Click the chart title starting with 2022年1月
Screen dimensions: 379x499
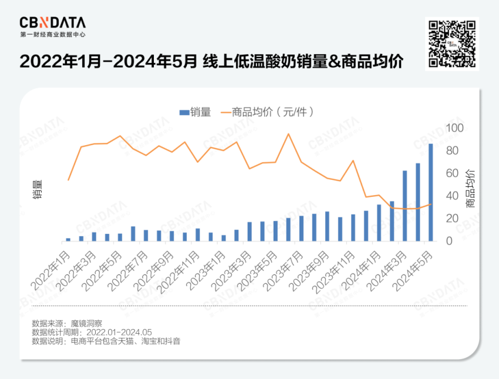[211, 62]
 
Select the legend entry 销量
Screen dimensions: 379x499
[195, 112]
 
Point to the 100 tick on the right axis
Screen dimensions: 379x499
[456, 128]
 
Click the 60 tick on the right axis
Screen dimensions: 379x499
[453, 173]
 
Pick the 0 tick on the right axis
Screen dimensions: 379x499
[450, 241]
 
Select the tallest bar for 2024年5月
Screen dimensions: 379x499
[431, 192]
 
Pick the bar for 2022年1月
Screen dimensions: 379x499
[68, 239]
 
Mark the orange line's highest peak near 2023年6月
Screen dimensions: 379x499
[288, 134]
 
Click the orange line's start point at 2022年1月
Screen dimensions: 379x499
[68, 180]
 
